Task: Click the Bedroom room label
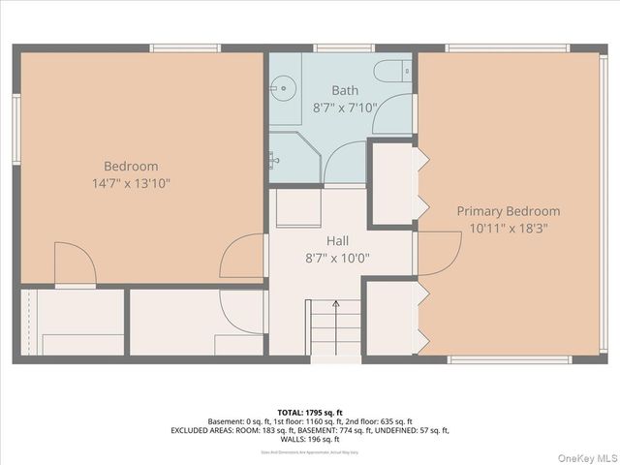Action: pyautogui.click(x=131, y=166)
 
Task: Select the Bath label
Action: pyautogui.click(x=343, y=91)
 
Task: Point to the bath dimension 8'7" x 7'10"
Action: pyautogui.click(x=343, y=108)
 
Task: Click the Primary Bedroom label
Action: pyautogui.click(x=509, y=211)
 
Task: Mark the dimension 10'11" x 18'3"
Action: pyautogui.click(x=509, y=228)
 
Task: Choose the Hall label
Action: pyautogui.click(x=337, y=240)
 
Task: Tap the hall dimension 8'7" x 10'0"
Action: pyautogui.click(x=337, y=258)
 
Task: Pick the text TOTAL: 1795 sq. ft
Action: pyautogui.click(x=309, y=412)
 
